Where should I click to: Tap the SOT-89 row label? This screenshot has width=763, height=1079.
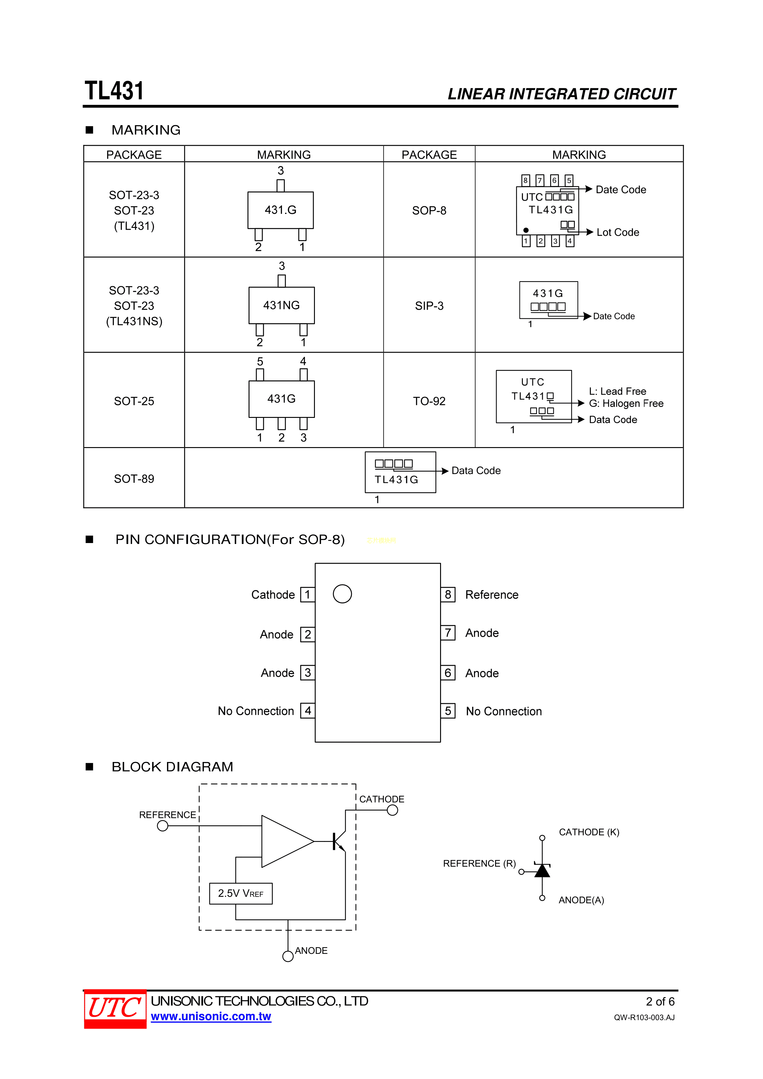134,479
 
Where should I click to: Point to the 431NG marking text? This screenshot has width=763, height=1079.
281,305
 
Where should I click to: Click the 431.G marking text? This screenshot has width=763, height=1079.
281,210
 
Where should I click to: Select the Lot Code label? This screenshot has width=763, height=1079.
618,232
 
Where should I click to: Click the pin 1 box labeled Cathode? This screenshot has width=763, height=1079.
308,594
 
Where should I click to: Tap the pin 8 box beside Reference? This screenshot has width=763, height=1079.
448,594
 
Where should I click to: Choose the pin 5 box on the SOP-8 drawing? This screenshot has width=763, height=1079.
448,711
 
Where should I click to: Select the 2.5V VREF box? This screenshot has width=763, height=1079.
241,893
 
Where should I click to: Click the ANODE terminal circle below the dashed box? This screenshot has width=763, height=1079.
288,956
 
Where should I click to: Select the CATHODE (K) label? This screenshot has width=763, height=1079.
589,832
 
